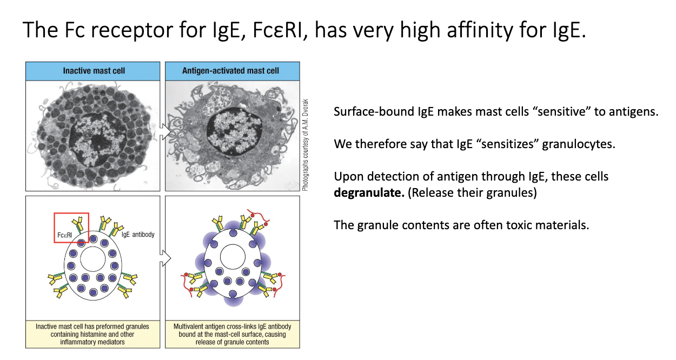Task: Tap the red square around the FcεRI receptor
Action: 54,228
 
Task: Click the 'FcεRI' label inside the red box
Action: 64,235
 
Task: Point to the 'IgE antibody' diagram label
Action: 138,235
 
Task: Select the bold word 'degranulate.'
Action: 369,193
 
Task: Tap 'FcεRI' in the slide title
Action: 277,30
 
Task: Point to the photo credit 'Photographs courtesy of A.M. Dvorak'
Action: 305,145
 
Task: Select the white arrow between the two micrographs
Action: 165,131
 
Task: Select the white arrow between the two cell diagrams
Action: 165,258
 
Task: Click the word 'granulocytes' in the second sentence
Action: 579,144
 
